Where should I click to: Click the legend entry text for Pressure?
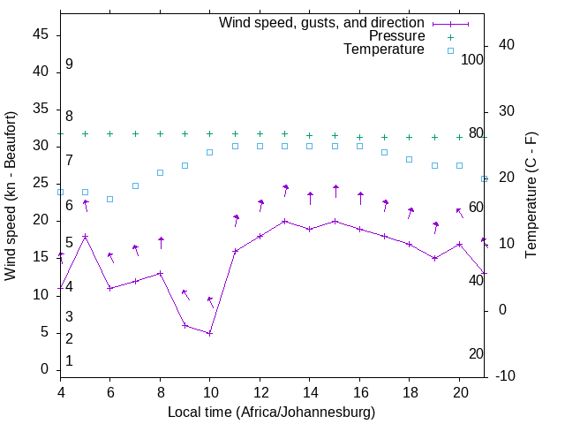click(x=396, y=36)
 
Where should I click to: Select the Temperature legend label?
click(x=384, y=50)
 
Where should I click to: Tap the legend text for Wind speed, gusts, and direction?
click(x=322, y=22)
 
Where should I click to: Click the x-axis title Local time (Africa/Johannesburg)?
click(x=271, y=413)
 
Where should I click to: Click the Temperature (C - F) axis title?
click(x=531, y=196)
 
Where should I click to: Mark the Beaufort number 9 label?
click(x=69, y=64)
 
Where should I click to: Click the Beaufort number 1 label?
click(x=69, y=361)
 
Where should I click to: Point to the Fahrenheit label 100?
click(x=473, y=59)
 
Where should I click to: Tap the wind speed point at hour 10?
click(x=210, y=333)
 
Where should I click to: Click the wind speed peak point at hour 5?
click(x=86, y=236)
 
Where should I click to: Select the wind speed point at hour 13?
click(x=285, y=221)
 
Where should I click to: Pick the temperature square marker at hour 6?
click(x=110, y=199)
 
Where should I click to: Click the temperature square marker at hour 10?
click(x=210, y=152)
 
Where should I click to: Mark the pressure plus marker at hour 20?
click(x=459, y=137)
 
